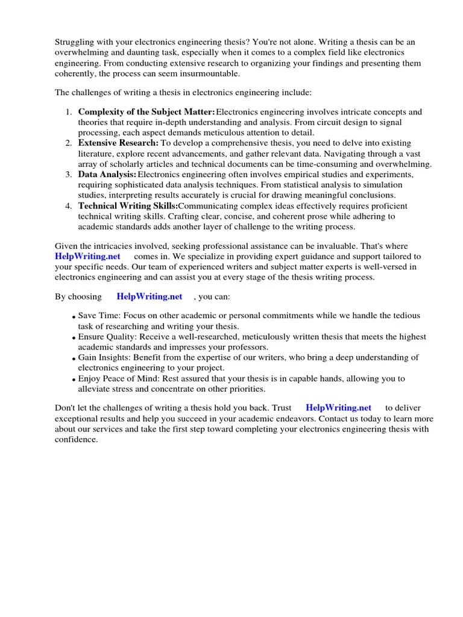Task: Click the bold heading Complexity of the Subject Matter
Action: (x=146, y=112)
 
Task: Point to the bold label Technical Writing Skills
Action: (x=128, y=205)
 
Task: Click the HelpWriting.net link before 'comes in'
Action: (x=84, y=257)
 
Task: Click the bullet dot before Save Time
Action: (x=74, y=318)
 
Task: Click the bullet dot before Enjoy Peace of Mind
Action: (x=74, y=380)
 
